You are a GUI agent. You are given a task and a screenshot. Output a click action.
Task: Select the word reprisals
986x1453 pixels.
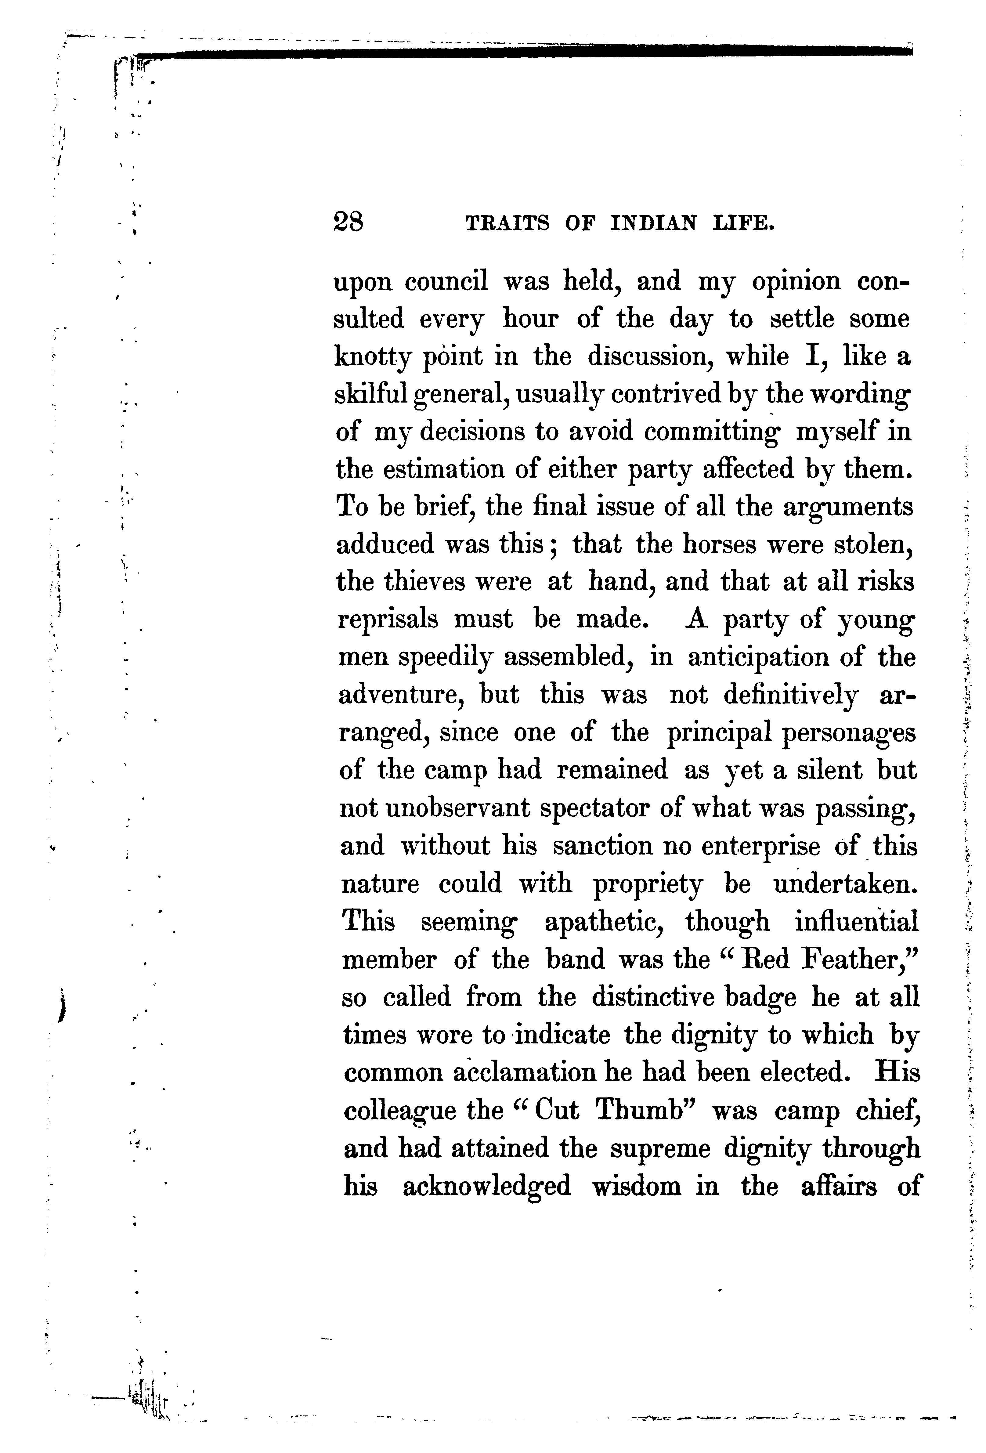point(388,620)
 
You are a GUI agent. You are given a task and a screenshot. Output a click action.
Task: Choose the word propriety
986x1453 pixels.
point(647,884)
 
